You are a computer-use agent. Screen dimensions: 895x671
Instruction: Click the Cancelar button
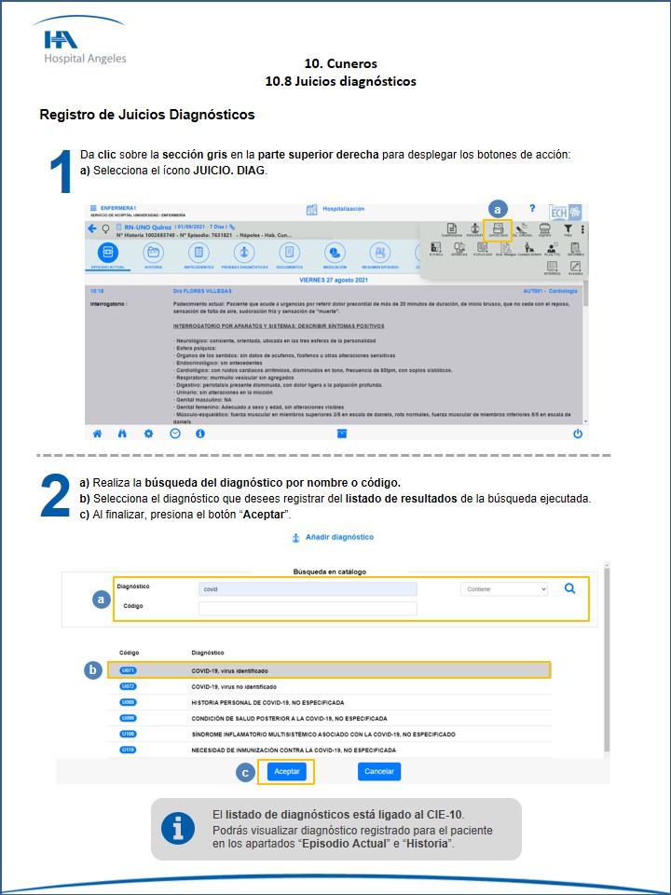pos(378,772)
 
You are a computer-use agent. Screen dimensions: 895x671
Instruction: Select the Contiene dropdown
pos(504,589)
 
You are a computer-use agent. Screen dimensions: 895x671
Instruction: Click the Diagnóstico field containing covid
pos(308,589)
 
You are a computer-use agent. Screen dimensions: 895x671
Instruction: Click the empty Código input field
pos(308,608)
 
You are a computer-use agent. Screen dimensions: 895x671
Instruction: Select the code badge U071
pos(129,670)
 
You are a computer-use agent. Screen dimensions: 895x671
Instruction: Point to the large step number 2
pos(56,497)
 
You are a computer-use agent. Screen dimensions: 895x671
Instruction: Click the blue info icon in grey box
pos(177,828)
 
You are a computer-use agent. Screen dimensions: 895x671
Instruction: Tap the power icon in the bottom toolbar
pos(578,434)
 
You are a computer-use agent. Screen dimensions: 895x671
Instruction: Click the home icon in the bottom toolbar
pos(97,434)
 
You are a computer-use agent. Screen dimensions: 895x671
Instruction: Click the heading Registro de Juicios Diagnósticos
pos(147,115)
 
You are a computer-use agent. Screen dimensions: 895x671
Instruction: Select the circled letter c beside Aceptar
pos(245,772)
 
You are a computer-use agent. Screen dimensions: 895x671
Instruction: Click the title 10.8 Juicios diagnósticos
pos(340,81)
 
